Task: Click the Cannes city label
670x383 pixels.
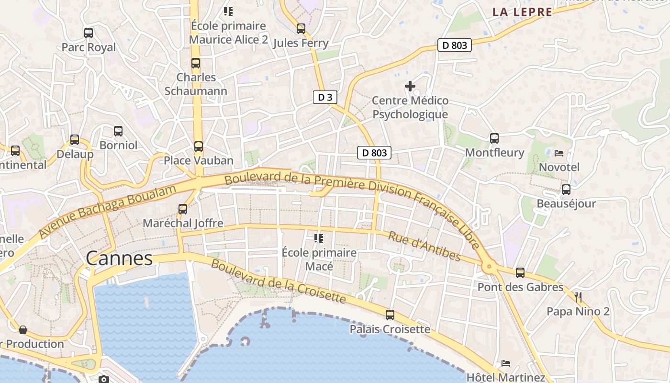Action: [119, 259]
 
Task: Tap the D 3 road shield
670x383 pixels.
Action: [325, 97]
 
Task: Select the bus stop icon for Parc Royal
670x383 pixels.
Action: [89, 33]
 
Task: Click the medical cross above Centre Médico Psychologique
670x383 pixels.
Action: [410, 86]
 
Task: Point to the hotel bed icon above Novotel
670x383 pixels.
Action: [559, 153]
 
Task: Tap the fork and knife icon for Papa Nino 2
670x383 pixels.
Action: [578, 297]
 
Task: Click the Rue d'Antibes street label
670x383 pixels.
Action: [424, 247]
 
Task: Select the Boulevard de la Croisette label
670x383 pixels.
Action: [278, 282]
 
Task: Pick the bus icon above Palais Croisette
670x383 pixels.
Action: [390, 315]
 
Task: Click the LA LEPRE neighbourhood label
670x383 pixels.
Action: [523, 12]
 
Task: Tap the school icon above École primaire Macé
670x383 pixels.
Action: [319, 238]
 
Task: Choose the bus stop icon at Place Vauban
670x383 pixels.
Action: [199, 146]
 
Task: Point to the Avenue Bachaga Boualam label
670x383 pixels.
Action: [108, 211]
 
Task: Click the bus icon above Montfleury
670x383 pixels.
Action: [494, 138]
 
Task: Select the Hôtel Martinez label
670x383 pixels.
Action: [506, 377]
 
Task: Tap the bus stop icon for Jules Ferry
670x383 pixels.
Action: [301, 29]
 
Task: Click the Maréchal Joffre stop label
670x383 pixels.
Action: [183, 223]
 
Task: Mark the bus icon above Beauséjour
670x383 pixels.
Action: [566, 190]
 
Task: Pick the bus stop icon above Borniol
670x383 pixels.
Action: [118, 131]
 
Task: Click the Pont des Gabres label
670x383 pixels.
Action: [520, 287]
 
